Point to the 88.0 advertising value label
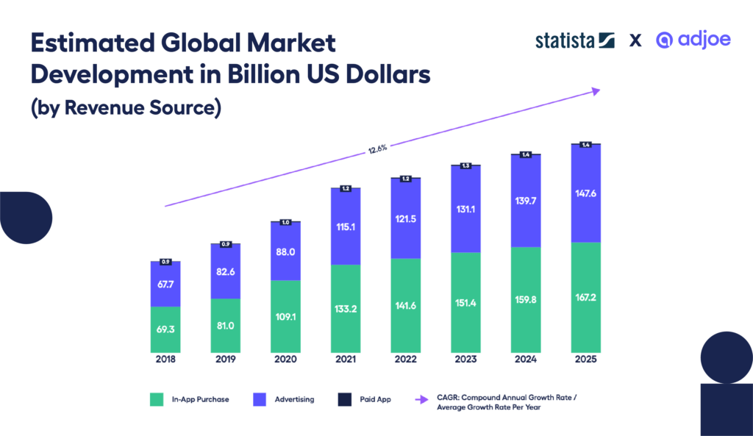[285, 251]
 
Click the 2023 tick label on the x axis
[465, 360]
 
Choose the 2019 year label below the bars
[226, 360]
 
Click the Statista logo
[574, 40]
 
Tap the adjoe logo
[693, 40]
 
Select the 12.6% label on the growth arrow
[377, 149]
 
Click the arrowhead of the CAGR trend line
[596, 90]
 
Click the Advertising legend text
[296, 399]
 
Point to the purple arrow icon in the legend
[423, 399]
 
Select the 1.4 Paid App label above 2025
[586, 145]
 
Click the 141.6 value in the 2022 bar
[405, 307]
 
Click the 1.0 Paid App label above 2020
[285, 222]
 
